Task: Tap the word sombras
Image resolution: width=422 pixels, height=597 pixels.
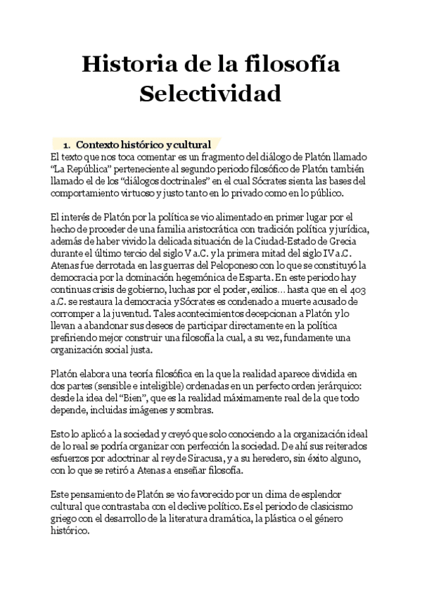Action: [x=203, y=410]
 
